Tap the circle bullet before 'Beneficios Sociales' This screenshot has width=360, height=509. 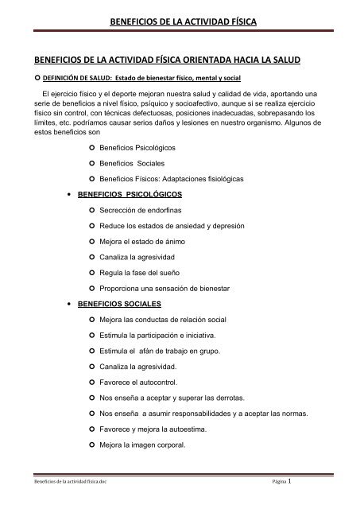[x=93, y=164]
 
